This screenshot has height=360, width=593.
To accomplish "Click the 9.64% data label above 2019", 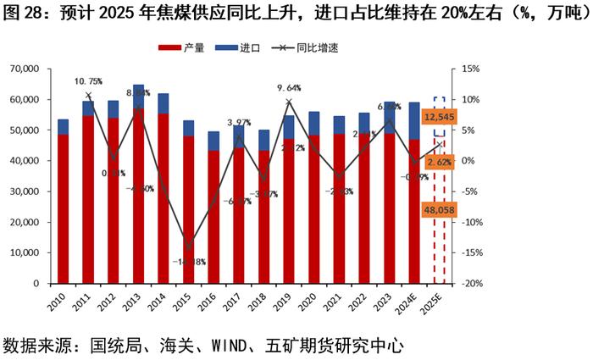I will coord(289,87).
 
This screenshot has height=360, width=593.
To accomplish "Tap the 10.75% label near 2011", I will coord(88,81).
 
